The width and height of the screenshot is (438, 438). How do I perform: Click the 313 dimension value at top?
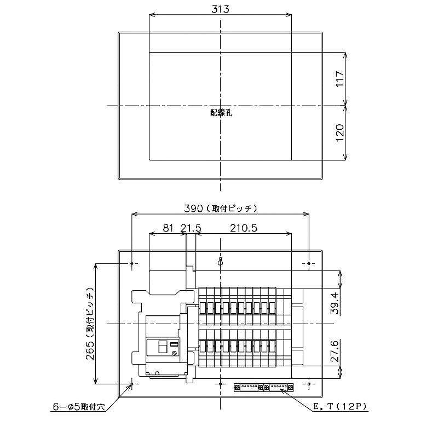point(220,9)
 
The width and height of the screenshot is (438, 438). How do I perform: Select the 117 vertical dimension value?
point(339,79)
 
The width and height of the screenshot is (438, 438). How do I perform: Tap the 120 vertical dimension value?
point(339,132)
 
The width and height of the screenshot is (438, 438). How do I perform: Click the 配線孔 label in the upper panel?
point(221,113)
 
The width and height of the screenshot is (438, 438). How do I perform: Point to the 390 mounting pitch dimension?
point(221,208)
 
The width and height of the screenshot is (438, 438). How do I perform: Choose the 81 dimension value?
point(168,228)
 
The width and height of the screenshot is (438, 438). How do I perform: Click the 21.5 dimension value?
point(191,228)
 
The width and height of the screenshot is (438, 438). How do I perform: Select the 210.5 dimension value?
point(244,228)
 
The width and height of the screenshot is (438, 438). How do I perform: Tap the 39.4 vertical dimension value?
point(335,303)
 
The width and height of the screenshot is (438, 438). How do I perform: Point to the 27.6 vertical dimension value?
point(335,351)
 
